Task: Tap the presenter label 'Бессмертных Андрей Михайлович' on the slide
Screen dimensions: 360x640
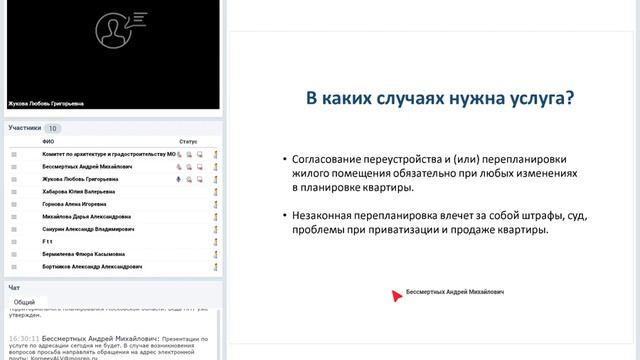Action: pyautogui.click(x=455, y=294)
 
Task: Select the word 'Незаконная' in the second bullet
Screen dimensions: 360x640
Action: pyautogui.click(x=328, y=215)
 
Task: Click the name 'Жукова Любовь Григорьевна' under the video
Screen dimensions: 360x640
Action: pyautogui.click(x=45, y=102)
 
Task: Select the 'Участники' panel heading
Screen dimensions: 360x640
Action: pyautogui.click(x=25, y=128)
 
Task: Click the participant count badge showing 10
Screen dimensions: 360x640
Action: pyautogui.click(x=53, y=128)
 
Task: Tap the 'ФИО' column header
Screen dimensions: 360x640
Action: pyautogui.click(x=48, y=142)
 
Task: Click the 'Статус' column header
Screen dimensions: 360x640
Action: pyautogui.click(x=188, y=142)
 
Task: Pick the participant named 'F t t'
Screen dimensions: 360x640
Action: pyautogui.click(x=48, y=242)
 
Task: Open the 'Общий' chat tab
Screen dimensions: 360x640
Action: pyautogui.click(x=25, y=301)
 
